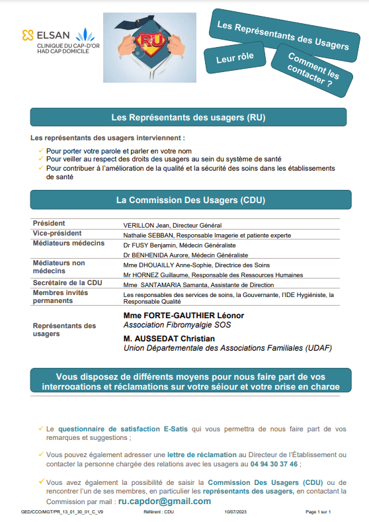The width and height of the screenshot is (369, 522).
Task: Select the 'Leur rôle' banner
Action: point(235,58)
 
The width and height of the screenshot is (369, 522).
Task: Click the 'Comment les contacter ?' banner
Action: point(309,71)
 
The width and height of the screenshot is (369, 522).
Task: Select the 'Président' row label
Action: point(49,224)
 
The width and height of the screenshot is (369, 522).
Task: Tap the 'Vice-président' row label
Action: point(57,234)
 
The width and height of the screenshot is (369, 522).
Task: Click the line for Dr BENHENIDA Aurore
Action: point(186,255)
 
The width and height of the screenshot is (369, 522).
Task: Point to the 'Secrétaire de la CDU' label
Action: point(67,283)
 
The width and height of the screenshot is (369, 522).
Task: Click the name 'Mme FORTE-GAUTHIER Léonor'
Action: point(183,315)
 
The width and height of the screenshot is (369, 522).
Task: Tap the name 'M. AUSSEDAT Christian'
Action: point(170,338)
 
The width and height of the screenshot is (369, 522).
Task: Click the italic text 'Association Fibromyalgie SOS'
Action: point(177,325)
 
